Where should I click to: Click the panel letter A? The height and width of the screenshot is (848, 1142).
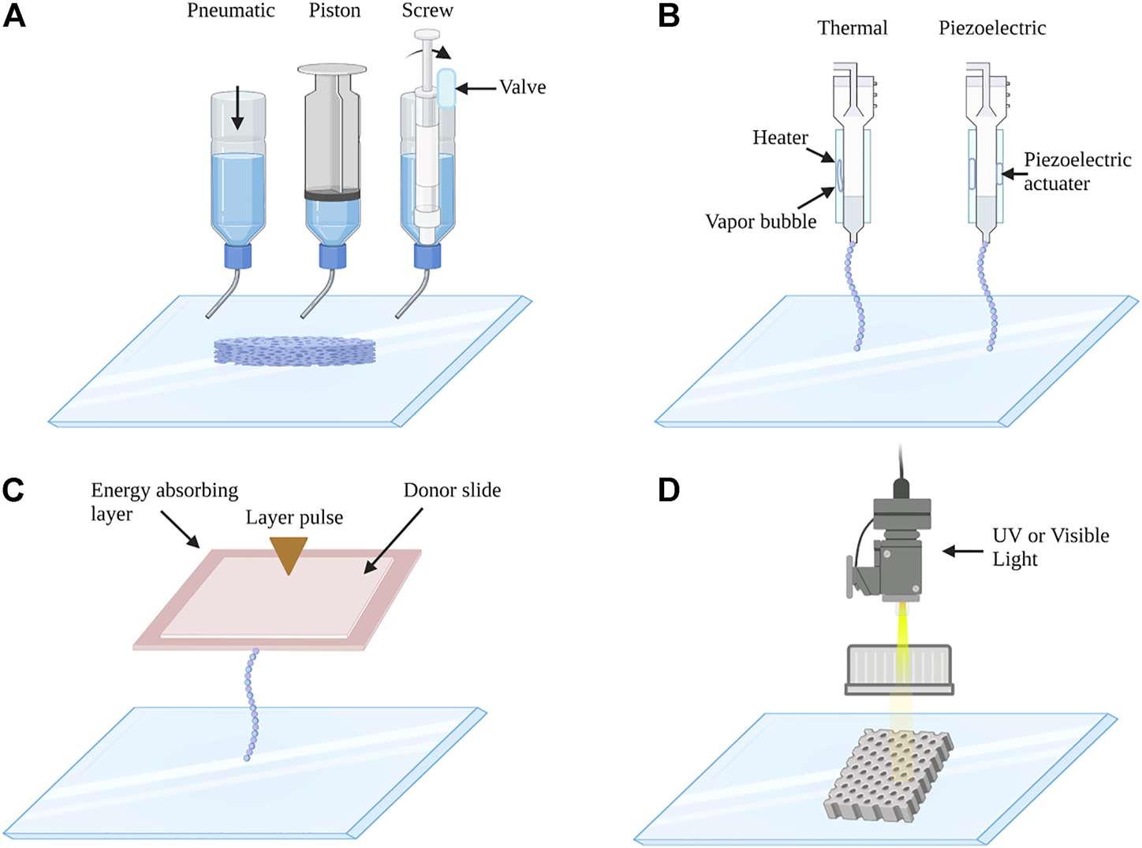coord(14,16)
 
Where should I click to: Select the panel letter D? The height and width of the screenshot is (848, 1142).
coord(669,489)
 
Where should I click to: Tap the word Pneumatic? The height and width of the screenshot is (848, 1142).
coord(230,11)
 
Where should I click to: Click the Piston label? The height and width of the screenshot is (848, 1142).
coord(334,11)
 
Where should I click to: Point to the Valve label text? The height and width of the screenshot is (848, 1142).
coord(522,87)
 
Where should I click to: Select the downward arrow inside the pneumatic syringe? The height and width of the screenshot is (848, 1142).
coord(237,110)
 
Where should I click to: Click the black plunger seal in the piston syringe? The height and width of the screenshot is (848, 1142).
coord(332,195)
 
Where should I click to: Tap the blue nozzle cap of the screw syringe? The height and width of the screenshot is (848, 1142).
coord(427,256)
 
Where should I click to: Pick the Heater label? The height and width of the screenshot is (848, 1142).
coord(780,138)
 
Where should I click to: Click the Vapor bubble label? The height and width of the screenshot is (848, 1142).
coord(760,222)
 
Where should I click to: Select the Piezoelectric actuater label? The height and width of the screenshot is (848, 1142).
coord(1077,172)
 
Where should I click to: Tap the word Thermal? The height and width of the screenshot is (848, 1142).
coord(852,28)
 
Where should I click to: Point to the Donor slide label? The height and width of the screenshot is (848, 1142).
coord(452,491)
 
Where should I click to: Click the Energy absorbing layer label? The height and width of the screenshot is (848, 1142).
coord(164,502)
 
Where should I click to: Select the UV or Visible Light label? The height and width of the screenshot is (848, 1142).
coord(1050,547)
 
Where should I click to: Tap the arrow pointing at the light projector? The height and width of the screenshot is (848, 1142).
coord(963,552)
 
